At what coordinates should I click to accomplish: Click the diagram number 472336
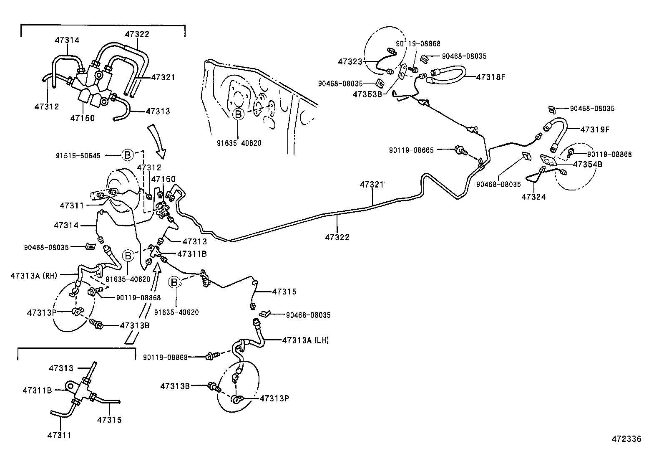[626, 439]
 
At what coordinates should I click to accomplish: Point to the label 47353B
[367, 94]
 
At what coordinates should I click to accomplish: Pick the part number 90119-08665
[411, 150]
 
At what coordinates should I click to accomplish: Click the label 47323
[350, 61]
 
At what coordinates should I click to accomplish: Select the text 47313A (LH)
[305, 340]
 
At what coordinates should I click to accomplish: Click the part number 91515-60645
[78, 156]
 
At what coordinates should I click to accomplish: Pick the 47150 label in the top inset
[82, 118]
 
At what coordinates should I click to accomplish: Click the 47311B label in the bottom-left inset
[37, 390]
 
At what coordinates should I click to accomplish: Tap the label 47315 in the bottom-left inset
[109, 420]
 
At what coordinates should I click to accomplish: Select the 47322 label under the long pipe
[337, 237]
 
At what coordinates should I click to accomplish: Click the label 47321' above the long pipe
[372, 184]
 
